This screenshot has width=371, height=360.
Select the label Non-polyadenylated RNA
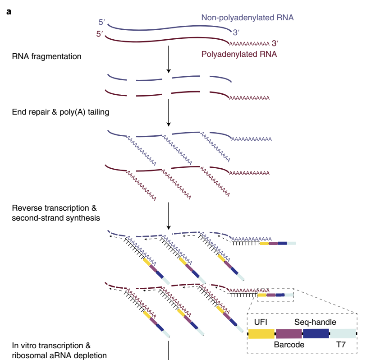coord(247,18)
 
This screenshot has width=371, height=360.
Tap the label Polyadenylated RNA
coord(238,55)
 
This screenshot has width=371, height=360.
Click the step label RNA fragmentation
coord(47,57)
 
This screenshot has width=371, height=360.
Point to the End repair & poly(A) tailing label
coord(60,112)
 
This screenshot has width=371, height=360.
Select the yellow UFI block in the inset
coord(262,333)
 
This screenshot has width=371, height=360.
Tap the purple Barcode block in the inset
coord(289,333)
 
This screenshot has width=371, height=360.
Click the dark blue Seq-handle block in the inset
coord(316,333)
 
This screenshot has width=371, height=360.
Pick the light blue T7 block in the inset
coord(343,333)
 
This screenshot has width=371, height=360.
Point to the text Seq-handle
coord(315,322)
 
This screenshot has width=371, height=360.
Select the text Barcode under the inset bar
coord(289,345)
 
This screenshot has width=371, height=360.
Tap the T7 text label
coord(342,345)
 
